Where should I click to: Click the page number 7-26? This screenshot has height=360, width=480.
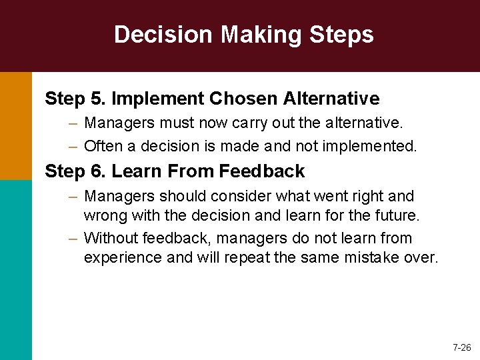(461, 347)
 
